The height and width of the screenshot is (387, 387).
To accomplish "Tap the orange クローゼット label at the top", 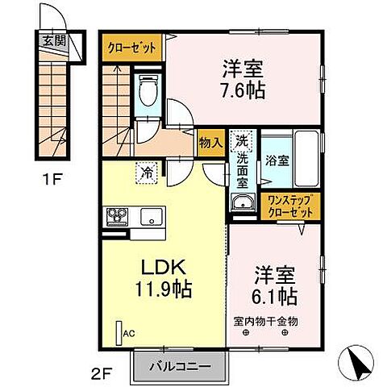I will click(x=132, y=48).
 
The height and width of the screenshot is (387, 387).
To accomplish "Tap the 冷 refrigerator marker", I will click(x=148, y=171).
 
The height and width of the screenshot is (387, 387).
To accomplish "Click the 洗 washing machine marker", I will click(x=240, y=139).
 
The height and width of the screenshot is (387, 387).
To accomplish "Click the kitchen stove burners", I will click(x=114, y=216).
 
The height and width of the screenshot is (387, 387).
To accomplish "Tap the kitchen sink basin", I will click(x=152, y=216).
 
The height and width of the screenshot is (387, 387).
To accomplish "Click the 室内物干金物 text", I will click(x=267, y=321).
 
